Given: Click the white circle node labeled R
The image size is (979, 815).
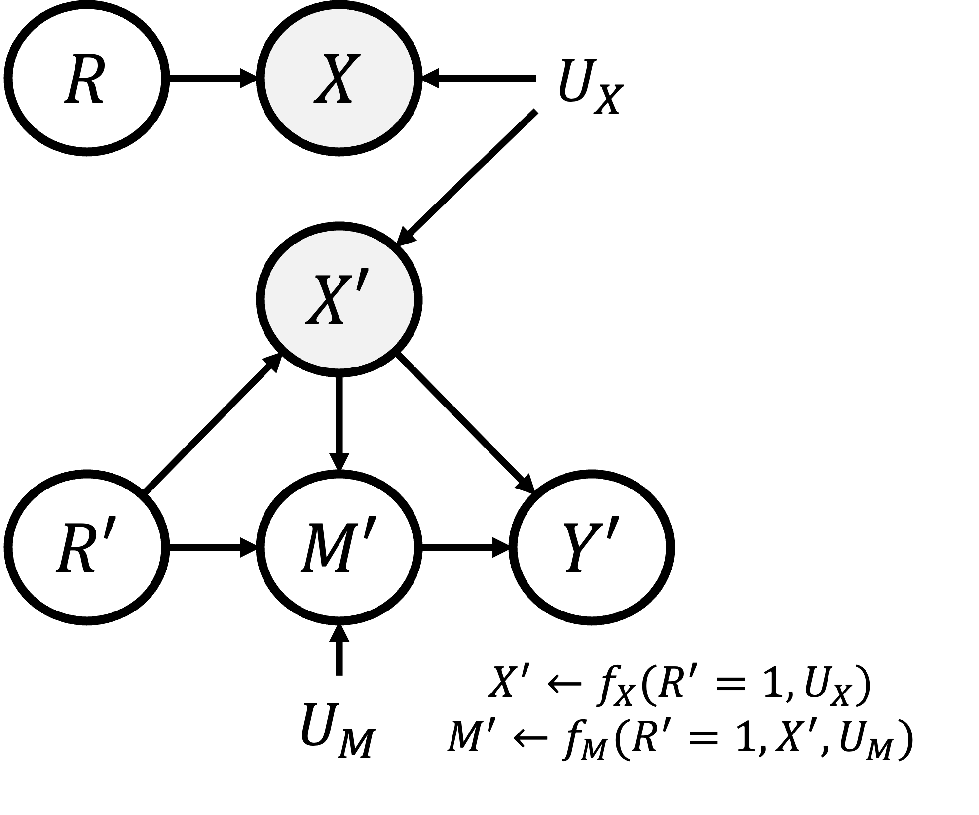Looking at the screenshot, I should click(x=87, y=78).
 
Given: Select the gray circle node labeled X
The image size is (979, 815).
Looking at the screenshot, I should click(x=339, y=78).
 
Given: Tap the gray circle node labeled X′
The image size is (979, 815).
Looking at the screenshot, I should click(x=339, y=300).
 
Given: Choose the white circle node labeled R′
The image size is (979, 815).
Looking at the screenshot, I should click(x=87, y=547).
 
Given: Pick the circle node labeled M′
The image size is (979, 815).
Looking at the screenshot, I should click(x=339, y=547).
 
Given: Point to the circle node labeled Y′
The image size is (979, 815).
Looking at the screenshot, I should click(x=592, y=547).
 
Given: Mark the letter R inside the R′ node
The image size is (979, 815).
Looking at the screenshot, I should click(x=76, y=548).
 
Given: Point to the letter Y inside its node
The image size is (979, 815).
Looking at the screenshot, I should click(x=582, y=548).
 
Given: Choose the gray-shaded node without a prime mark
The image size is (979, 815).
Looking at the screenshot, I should click(x=339, y=78).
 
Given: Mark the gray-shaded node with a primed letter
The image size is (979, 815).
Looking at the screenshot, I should click(x=339, y=300).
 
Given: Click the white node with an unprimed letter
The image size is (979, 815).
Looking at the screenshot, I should click(x=87, y=78).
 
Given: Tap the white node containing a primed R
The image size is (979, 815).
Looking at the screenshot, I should click(x=87, y=547).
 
